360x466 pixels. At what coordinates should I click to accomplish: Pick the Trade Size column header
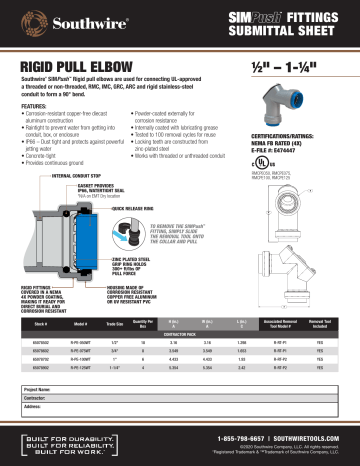116,324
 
